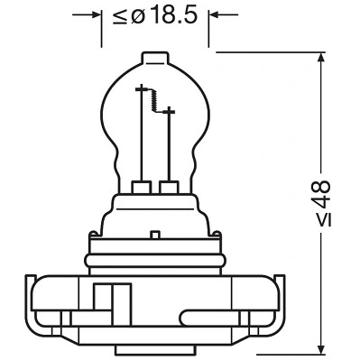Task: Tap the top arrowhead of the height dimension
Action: click(322, 59)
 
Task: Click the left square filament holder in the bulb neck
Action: click(141, 188)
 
